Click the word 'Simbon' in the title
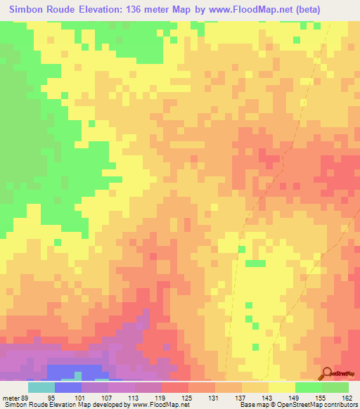pyautogui.click(x=27, y=9)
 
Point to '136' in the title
pyautogui.click(x=133, y=9)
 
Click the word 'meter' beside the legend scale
pyautogui.click(x=12, y=398)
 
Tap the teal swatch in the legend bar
pyautogui.click(x=41, y=387)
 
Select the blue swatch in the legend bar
pyautogui.click(x=68, y=387)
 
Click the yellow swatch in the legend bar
pyautogui.click(x=282, y=387)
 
